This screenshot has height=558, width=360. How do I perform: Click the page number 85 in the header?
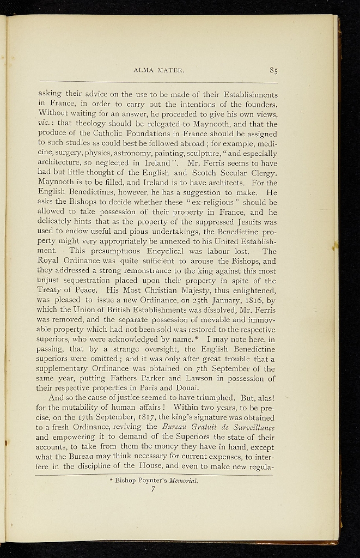click(273, 70)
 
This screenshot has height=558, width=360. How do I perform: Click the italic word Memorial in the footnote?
click(182, 482)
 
